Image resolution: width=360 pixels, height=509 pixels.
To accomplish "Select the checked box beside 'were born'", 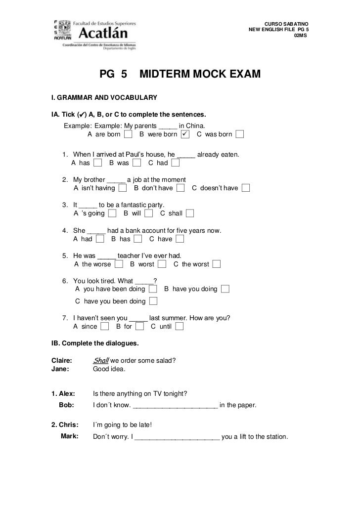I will point(184,134).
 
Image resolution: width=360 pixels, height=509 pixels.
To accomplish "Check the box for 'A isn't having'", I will point(123,188).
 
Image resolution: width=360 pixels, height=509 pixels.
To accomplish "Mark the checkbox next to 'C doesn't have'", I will point(246,188).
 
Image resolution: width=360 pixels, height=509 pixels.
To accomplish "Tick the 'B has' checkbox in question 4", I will point(138,239).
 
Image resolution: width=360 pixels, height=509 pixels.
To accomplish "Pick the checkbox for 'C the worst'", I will point(217,264).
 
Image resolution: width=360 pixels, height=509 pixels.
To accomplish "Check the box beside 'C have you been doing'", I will point(153,301).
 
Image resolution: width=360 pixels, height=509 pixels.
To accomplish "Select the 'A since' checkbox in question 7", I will point(104,326).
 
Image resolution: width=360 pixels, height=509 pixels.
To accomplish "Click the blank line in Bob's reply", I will point(176,406).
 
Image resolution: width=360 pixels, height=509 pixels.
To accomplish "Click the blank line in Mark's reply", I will point(177,437).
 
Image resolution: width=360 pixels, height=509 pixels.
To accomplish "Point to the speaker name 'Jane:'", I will point(61,369).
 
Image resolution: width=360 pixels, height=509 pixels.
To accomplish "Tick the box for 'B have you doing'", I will point(225,289).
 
